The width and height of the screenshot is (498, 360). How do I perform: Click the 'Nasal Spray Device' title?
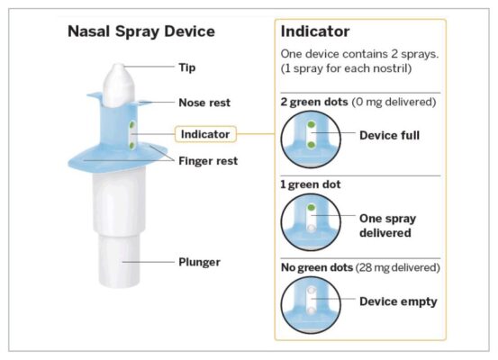141,31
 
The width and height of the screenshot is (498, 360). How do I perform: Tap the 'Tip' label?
186,67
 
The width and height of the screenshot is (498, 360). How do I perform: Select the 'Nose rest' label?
204,103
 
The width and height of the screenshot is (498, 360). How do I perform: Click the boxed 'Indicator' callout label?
205,134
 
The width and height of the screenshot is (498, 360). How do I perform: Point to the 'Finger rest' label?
208,161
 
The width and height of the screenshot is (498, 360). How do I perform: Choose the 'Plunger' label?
199,262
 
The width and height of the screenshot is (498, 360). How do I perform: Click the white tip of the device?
119,85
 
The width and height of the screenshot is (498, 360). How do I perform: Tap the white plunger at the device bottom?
119,261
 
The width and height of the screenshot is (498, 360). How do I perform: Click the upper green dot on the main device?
131,125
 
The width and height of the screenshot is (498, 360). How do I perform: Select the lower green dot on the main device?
131,146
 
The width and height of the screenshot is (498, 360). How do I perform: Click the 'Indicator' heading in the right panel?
315,31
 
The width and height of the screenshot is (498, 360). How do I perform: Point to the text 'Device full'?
389,136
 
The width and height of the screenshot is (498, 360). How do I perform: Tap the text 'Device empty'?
398,301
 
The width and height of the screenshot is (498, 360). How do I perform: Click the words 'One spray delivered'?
388,226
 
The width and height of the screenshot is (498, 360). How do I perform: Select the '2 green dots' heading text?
314,102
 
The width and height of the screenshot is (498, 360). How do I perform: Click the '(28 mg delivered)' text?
398,267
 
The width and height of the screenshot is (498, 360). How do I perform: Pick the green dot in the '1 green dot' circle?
312,208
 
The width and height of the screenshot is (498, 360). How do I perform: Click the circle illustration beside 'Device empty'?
311,305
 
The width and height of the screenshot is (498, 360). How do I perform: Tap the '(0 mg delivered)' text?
394,102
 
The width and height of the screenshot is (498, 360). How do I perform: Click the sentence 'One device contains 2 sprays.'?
359,54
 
